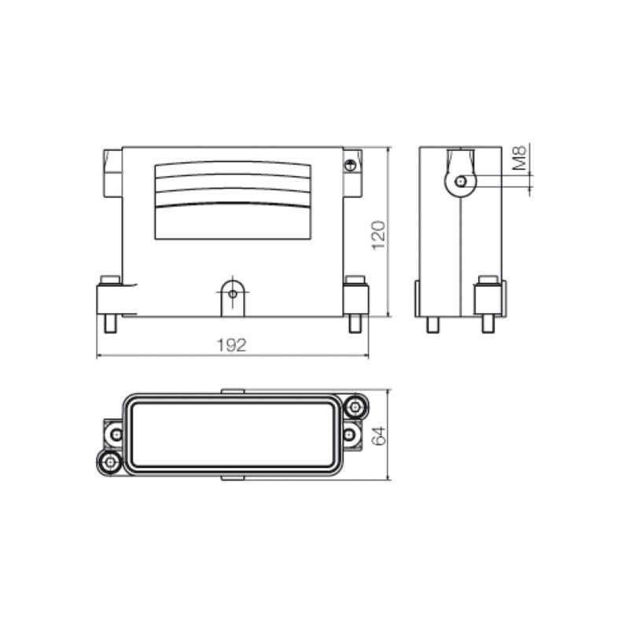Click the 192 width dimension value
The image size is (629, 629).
[233, 344]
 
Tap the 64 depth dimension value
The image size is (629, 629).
[378, 434]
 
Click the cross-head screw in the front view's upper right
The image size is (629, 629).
[351, 164]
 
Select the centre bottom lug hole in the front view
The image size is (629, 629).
[232, 294]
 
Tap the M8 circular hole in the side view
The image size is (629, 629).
[462, 182]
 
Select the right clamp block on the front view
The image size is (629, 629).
[356, 298]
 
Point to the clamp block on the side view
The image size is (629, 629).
[487, 298]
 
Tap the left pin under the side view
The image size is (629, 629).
[432, 325]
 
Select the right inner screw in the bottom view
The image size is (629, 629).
[350, 434]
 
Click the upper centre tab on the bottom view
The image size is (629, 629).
[234, 391]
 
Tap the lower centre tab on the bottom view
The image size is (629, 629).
[234, 477]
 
